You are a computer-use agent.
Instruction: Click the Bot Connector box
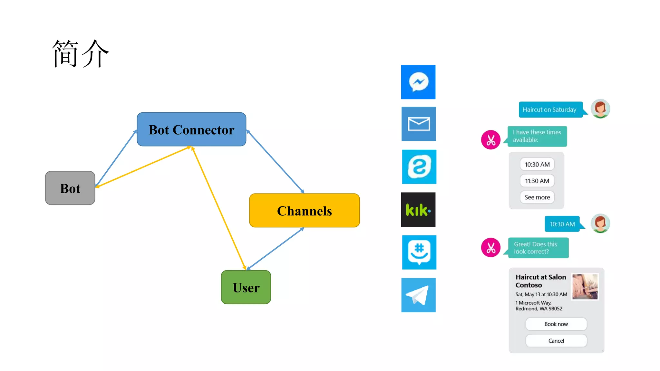(x=191, y=129)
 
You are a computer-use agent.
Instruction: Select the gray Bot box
(x=70, y=188)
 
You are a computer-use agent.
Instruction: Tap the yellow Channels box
(x=304, y=211)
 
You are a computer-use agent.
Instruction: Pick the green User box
(x=246, y=287)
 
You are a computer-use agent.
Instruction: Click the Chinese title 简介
(x=81, y=54)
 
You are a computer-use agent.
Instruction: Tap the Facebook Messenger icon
(x=418, y=82)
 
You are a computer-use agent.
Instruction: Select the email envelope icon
(x=419, y=124)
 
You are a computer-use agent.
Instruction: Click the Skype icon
(x=419, y=167)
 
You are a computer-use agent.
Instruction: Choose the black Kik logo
(x=418, y=210)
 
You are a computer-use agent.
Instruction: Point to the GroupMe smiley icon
(x=419, y=252)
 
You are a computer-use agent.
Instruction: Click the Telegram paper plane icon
(x=418, y=295)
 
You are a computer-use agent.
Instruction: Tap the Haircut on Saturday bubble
(x=550, y=110)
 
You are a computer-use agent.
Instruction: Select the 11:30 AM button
(x=537, y=181)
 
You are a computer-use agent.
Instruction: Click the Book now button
(x=556, y=324)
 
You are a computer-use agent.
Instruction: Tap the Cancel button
(x=556, y=341)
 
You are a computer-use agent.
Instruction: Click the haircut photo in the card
(x=585, y=287)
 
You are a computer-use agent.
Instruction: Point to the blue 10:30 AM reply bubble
(x=562, y=224)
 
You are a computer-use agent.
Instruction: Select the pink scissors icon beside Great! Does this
(x=490, y=248)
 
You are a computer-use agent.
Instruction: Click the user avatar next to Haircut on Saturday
(x=600, y=109)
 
